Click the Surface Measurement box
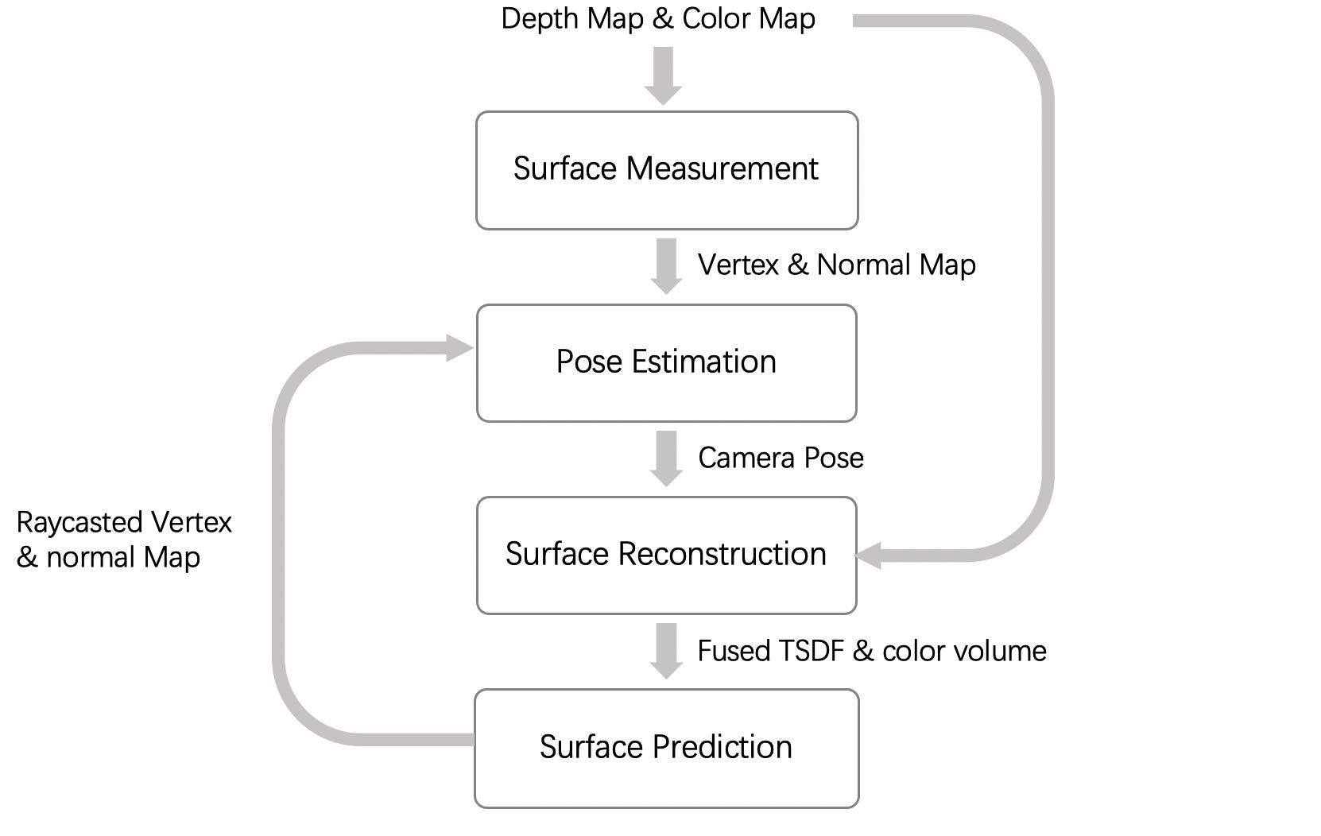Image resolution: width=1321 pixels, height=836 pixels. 666,170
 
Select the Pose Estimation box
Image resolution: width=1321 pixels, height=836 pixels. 666,362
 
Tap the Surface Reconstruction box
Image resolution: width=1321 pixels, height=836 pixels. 666,555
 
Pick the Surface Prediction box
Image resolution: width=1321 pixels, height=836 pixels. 666,748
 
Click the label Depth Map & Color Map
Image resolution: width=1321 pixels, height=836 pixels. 657,19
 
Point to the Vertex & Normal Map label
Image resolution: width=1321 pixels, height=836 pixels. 836,265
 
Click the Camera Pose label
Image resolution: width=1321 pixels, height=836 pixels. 781,458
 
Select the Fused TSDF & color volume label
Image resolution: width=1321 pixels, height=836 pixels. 871,651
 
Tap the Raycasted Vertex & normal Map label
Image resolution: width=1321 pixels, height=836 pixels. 123,540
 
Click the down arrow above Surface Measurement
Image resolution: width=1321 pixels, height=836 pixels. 663,75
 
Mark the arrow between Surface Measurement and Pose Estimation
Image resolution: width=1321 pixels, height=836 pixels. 666,266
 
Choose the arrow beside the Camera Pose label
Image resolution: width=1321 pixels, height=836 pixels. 666,459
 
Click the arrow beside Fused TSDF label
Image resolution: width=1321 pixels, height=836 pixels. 666,651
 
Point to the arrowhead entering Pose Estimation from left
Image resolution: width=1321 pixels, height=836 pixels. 459,348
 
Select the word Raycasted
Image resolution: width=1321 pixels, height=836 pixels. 79,523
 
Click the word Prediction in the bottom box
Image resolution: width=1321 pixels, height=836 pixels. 722,748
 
